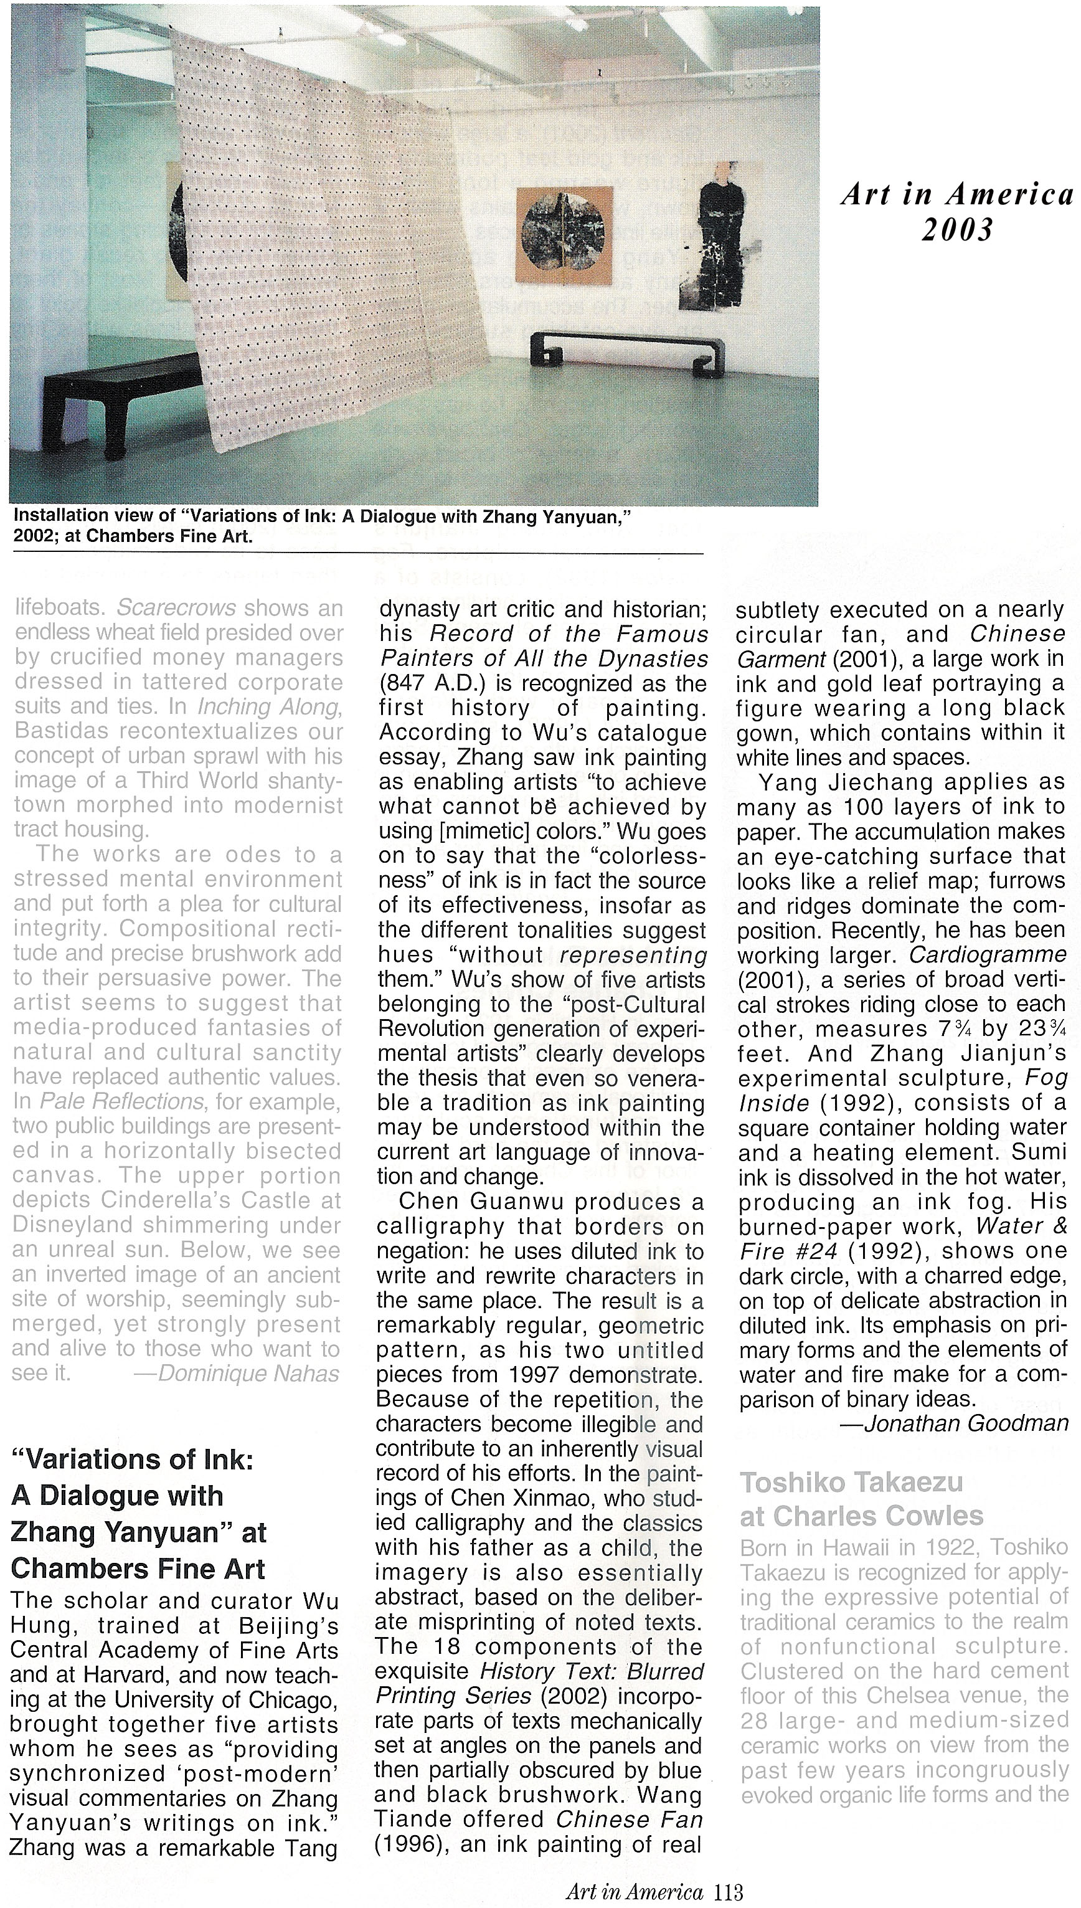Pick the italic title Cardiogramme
(988, 954)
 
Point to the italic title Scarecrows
(177, 607)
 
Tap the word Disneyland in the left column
(72, 1225)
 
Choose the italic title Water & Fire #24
(902, 1238)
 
